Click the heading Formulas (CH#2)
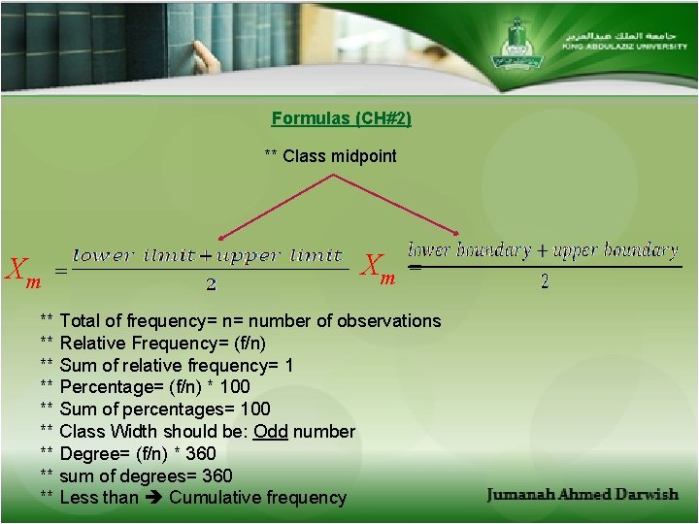tap(341, 118)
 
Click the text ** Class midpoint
tap(330, 156)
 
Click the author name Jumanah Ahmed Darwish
tap(582, 495)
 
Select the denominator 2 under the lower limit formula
tap(211, 285)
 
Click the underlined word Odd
tap(270, 431)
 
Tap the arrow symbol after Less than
tap(153, 498)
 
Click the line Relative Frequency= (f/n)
tap(162, 343)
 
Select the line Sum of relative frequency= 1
tap(176, 365)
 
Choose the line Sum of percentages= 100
tap(164, 409)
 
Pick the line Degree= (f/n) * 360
tap(137, 453)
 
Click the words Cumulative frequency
tap(257, 498)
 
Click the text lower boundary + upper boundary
tap(543, 250)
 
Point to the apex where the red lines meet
tap(333, 176)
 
